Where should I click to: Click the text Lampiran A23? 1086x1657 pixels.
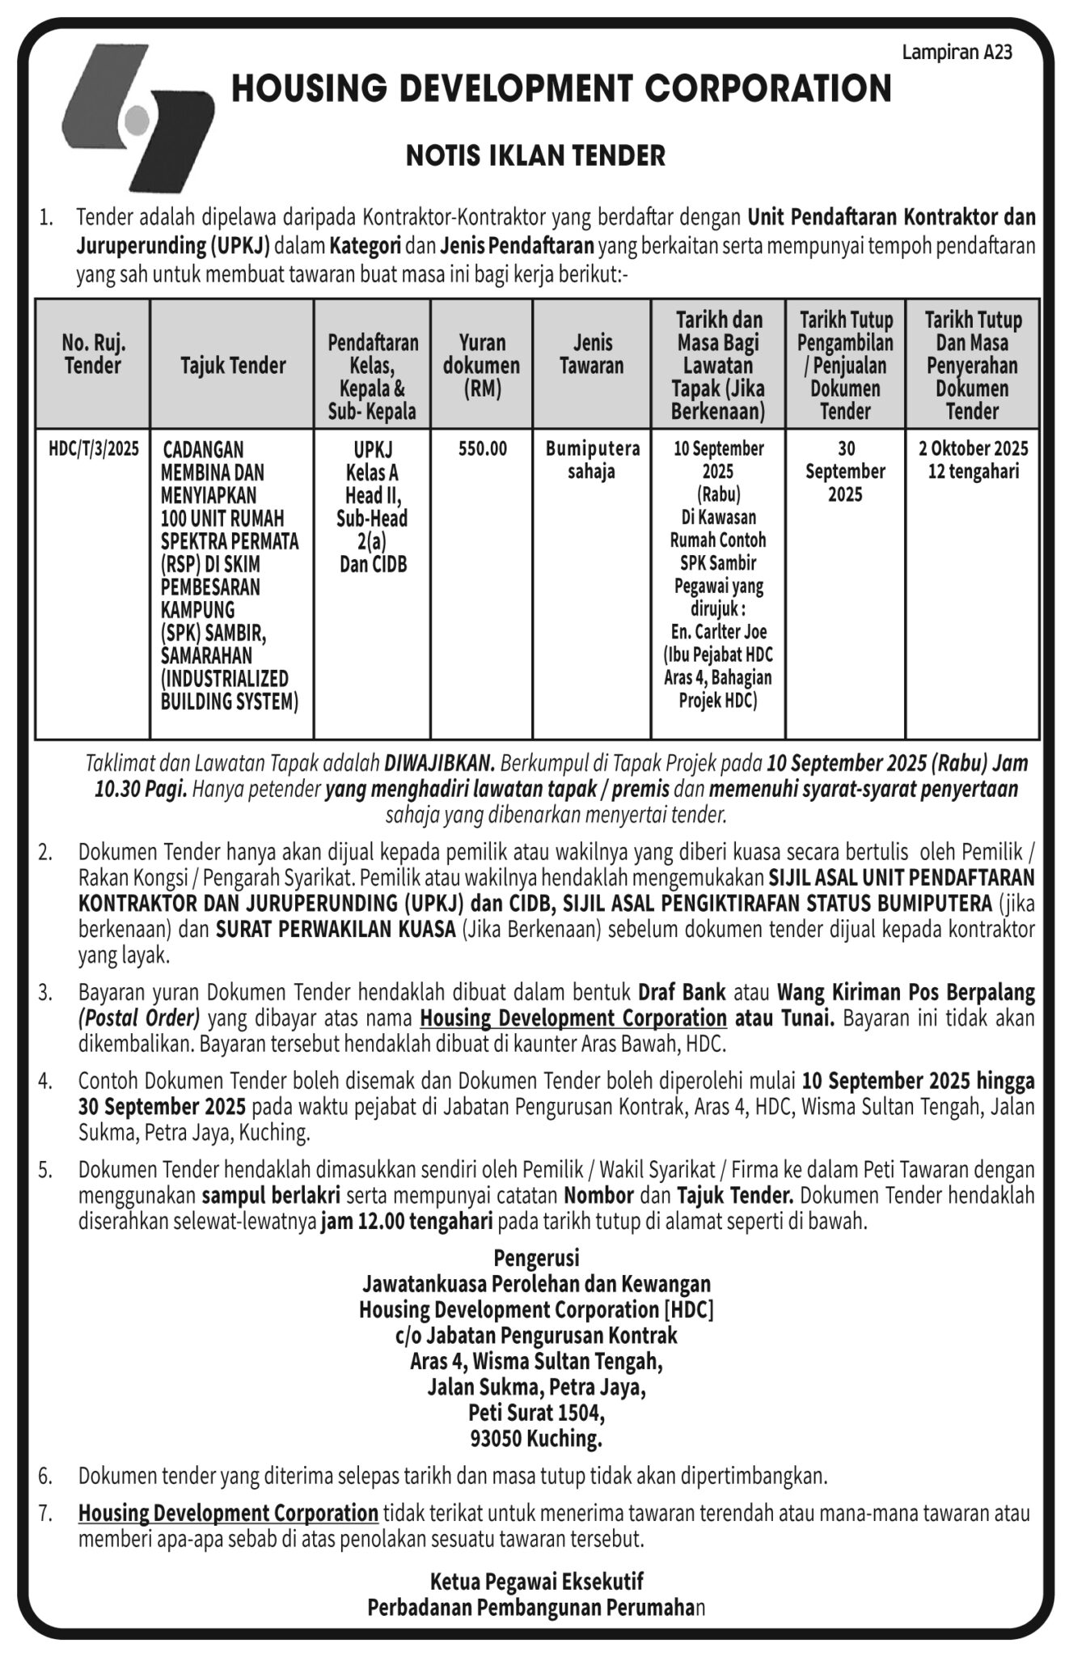tap(957, 53)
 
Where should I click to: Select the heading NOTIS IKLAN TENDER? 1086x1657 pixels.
tap(535, 155)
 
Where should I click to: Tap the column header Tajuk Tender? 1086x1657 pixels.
tap(233, 366)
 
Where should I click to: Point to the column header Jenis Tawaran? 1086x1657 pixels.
tap(592, 354)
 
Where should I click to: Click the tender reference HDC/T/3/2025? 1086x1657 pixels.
tap(94, 449)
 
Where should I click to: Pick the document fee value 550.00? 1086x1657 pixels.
tap(483, 449)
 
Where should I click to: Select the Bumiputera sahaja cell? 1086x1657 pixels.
tap(592, 460)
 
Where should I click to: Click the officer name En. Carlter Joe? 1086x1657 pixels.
tap(718, 632)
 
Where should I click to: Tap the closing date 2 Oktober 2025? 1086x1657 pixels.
tap(973, 449)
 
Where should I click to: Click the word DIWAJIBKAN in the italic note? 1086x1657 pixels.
tap(439, 762)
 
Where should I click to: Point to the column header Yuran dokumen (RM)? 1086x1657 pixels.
tap(482, 366)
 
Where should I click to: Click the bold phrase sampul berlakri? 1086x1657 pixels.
tap(270, 1195)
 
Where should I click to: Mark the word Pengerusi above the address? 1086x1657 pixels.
tap(536, 1258)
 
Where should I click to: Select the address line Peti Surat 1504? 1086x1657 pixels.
tap(536, 1413)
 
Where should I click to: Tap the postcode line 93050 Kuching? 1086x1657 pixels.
tap(536, 1439)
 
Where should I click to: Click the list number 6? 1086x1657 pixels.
tap(45, 1477)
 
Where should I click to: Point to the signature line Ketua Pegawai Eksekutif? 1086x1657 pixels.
tap(536, 1581)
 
